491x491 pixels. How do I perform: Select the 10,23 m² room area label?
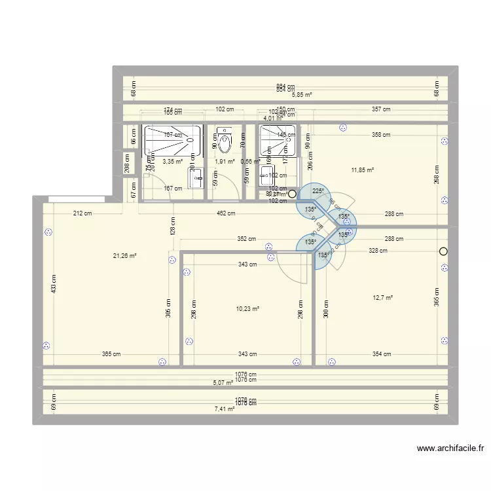[x=247, y=309]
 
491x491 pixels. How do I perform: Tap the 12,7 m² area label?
[x=382, y=298]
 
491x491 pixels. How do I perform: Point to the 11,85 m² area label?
[x=362, y=170]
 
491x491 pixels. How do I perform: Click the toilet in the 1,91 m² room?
[x=225, y=141]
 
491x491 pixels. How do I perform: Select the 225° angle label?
[x=318, y=191]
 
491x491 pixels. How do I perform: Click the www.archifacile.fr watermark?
[x=451, y=448]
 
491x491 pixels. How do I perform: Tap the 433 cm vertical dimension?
[x=54, y=283]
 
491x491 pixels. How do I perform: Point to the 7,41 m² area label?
[x=225, y=409]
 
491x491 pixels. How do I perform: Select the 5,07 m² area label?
[x=223, y=383]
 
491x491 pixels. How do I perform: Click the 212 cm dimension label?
[x=82, y=213]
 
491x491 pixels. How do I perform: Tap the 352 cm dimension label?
[x=247, y=239]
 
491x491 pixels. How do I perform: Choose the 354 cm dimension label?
[x=381, y=354]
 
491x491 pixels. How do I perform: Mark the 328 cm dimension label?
[x=378, y=250]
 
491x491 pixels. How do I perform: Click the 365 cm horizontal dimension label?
[x=111, y=354]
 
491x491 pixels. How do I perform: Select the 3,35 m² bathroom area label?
[x=172, y=161]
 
